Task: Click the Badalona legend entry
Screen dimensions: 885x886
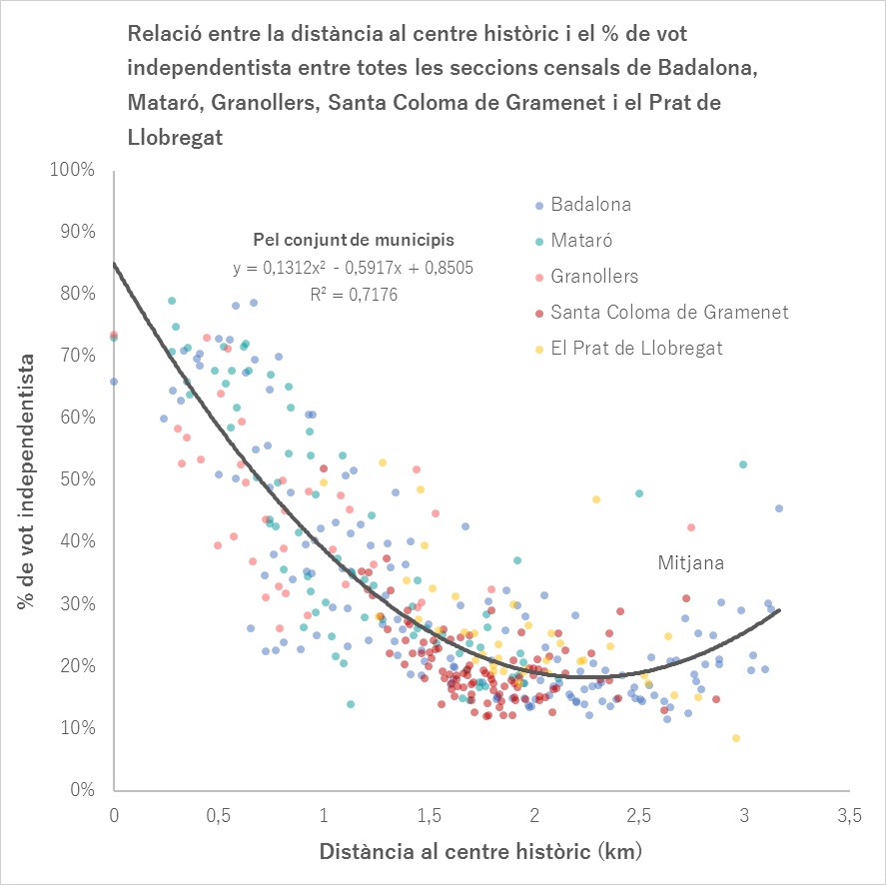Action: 590,205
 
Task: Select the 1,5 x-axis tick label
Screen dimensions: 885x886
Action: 430,817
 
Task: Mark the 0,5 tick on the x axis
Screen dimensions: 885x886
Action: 219,817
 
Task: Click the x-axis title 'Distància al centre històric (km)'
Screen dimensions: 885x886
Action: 480,853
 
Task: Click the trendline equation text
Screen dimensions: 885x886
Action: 353,268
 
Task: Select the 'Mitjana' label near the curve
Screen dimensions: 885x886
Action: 690,563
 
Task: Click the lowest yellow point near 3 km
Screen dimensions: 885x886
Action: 736,738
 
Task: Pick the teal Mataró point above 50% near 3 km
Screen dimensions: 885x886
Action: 743,464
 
